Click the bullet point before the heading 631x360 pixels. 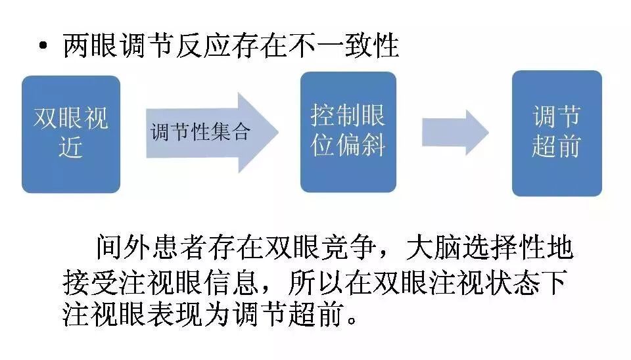click(x=44, y=48)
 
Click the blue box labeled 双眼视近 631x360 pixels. click(x=71, y=134)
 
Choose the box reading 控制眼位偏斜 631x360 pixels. click(x=348, y=132)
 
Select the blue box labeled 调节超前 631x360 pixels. click(x=557, y=133)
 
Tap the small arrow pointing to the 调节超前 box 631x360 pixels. click(x=455, y=132)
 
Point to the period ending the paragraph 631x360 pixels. click(x=353, y=322)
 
